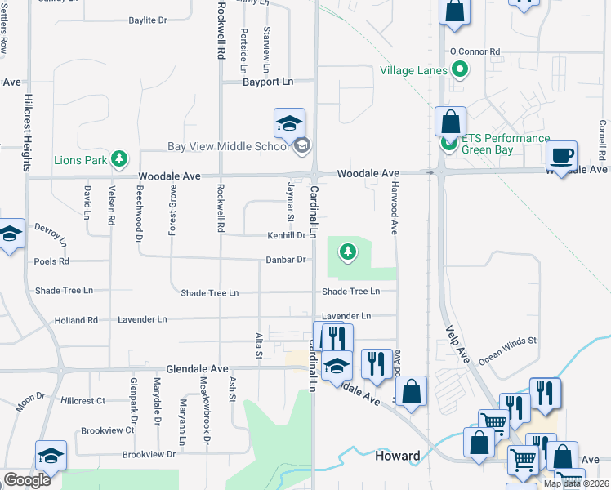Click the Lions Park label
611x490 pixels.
[x=80, y=159]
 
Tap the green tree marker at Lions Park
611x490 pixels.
[x=120, y=158]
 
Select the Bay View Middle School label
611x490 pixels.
[x=229, y=147]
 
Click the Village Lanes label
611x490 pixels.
[x=413, y=70]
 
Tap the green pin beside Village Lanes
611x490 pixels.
[x=460, y=70]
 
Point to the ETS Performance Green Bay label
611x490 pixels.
[x=506, y=144]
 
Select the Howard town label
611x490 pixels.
[x=398, y=456]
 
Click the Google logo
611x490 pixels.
[x=26, y=480]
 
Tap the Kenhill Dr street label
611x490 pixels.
[x=287, y=235]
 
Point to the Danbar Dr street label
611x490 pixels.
[x=286, y=260]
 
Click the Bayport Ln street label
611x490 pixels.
[x=267, y=82]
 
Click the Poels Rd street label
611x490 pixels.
[x=51, y=262]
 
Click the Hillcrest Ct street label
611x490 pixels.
[x=83, y=401]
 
